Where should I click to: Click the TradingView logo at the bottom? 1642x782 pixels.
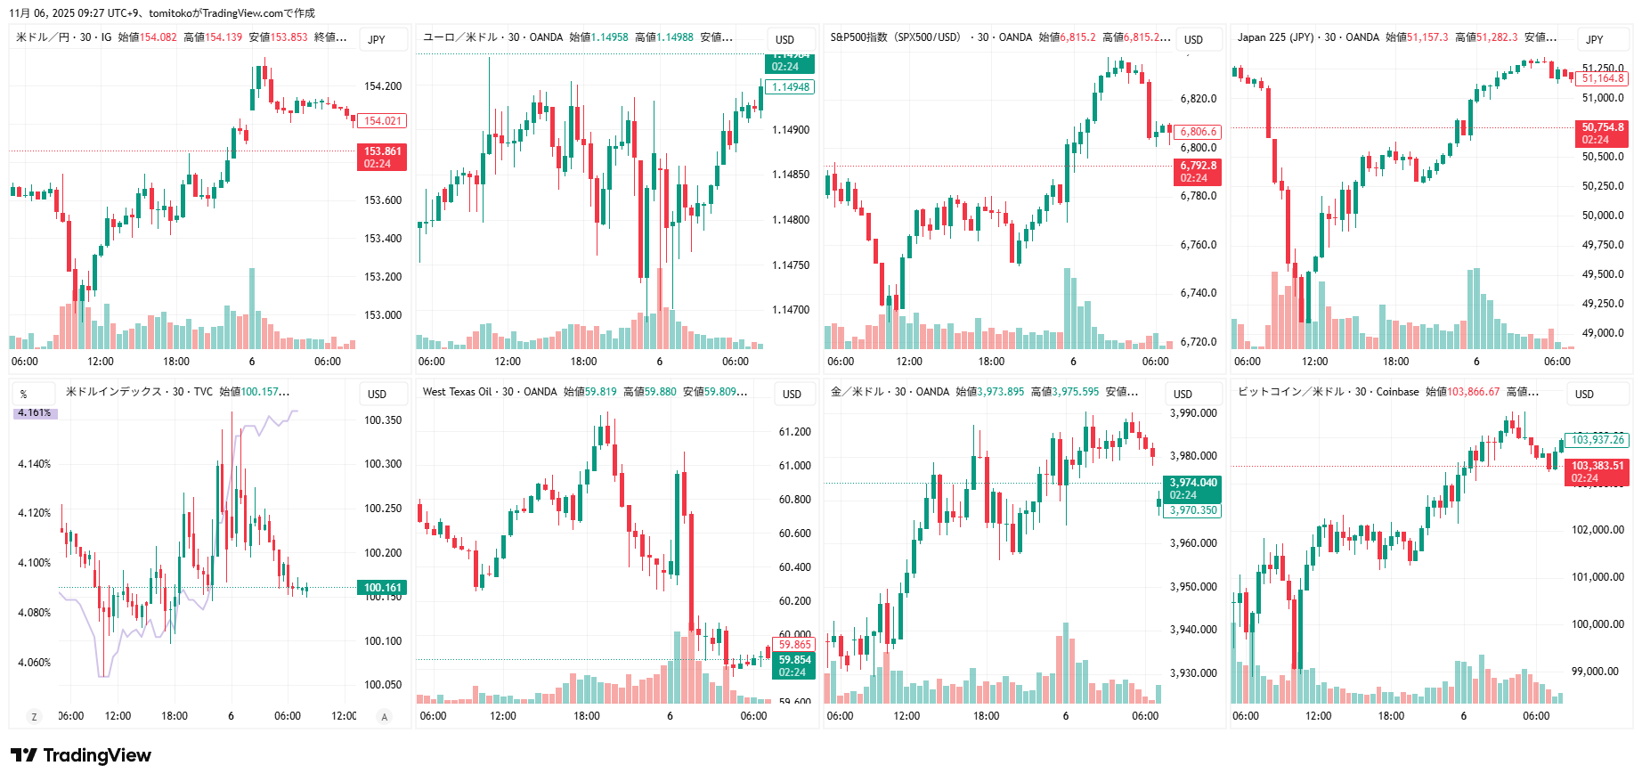(81, 755)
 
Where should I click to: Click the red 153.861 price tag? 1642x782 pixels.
(382, 157)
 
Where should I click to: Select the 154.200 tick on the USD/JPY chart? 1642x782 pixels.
(383, 86)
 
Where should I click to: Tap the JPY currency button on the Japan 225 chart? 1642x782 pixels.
(1594, 39)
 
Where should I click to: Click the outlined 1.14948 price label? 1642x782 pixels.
(790, 87)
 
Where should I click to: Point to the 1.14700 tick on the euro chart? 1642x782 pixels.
(791, 310)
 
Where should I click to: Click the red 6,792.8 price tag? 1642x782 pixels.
(1198, 171)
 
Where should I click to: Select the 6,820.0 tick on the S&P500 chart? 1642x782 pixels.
(1198, 99)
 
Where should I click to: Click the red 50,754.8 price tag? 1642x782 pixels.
(1602, 133)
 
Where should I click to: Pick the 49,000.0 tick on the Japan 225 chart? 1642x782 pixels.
(1603, 333)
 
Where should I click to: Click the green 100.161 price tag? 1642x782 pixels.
(383, 588)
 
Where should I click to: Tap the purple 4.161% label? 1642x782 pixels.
(35, 413)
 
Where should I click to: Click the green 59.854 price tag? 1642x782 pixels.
(794, 665)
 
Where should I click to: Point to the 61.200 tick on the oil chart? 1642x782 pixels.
(794, 432)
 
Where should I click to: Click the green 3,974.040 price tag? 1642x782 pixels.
(1192, 488)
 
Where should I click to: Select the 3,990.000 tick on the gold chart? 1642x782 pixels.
(1192, 413)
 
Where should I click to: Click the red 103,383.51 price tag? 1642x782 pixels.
(1597, 471)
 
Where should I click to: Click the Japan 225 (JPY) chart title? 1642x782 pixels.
(1274, 37)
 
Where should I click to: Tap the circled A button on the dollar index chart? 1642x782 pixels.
(385, 716)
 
